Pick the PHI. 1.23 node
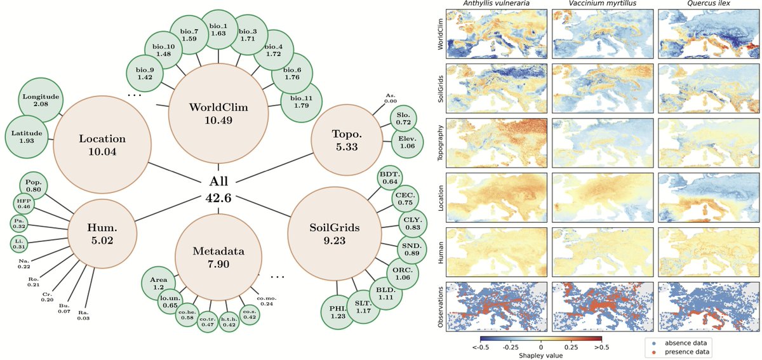[x=337, y=312]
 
